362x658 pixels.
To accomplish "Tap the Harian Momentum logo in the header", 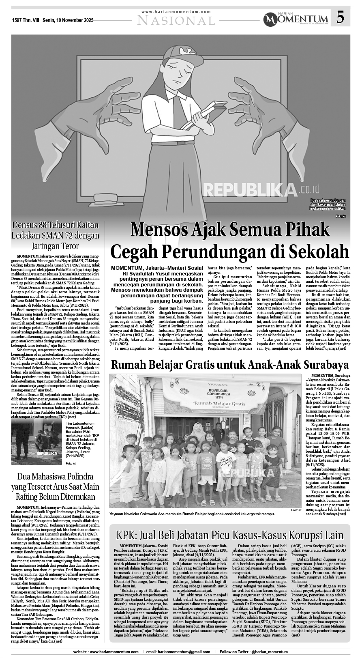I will pyautogui.click(x=295, y=18).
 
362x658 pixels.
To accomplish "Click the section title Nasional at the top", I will pyautogui.click(x=176, y=20).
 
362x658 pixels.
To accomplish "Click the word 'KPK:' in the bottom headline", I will pyautogui.click(x=129, y=535).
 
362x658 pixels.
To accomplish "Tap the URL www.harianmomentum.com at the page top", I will pyautogui.click(x=176, y=12).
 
